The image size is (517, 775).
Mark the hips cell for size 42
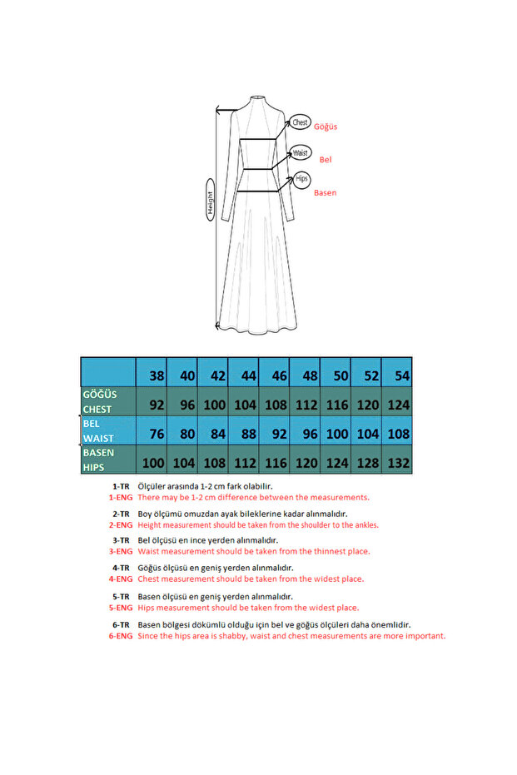pyautogui.click(x=213, y=460)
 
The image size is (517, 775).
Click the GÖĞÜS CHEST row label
pyautogui.click(x=107, y=400)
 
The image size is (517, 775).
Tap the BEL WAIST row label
pyautogui.click(x=107, y=430)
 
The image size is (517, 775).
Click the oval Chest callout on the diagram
pyautogui.click(x=300, y=123)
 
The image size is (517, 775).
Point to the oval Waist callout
pyautogui.click(x=301, y=152)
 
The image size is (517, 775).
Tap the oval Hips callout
pyautogui.click(x=301, y=179)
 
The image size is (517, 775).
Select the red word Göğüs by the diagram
pyautogui.click(x=326, y=127)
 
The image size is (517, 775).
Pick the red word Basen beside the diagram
pyautogui.click(x=325, y=193)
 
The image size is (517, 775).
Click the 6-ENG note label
pyautogui.click(x=120, y=636)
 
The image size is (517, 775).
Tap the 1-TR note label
pyautogui.click(x=120, y=485)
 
